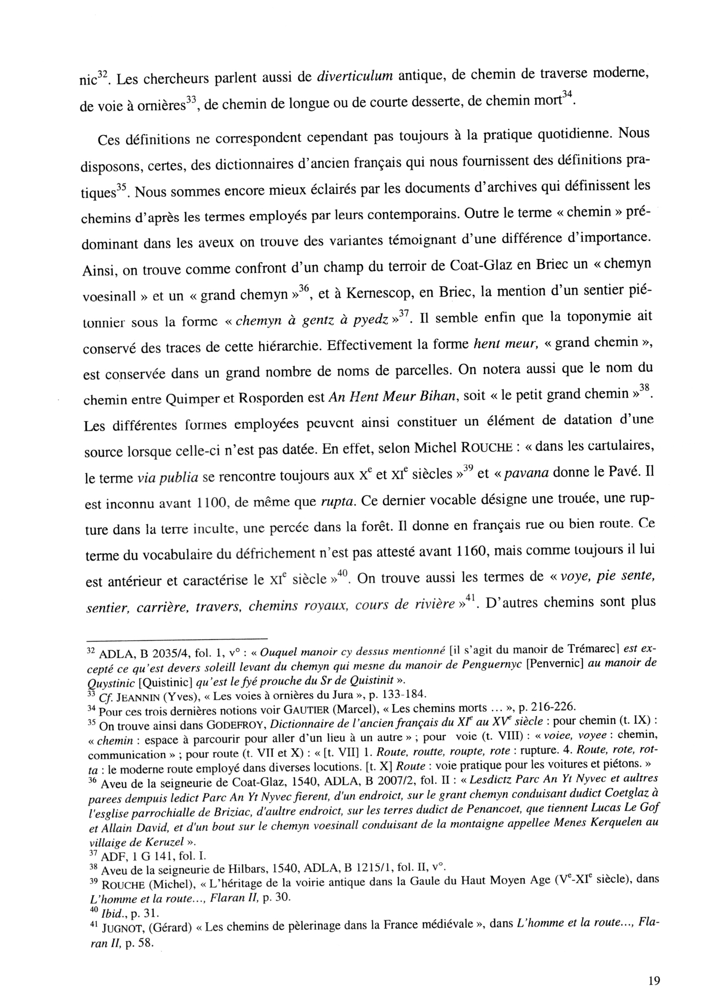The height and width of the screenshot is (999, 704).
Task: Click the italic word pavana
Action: click(x=528, y=475)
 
